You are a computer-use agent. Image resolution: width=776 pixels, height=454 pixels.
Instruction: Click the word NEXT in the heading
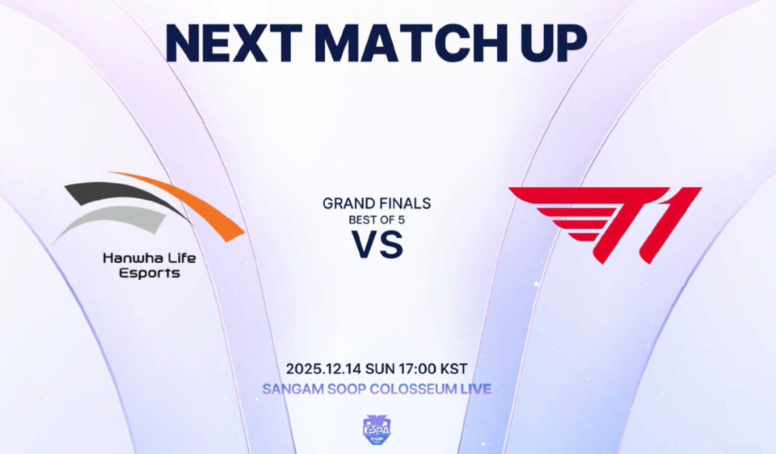(x=233, y=43)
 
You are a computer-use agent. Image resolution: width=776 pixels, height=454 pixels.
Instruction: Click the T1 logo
(x=605, y=224)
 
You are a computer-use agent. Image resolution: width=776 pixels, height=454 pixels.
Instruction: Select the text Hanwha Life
(x=150, y=257)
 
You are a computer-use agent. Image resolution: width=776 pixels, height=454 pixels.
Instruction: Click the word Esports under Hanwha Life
(x=150, y=273)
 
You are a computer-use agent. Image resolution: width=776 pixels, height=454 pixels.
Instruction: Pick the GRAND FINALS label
(x=377, y=203)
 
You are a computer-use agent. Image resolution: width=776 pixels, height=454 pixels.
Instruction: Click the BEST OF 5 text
(x=377, y=220)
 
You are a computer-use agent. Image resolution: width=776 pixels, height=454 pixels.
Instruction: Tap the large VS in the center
(x=377, y=244)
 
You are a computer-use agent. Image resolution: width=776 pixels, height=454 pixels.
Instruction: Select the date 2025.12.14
(x=324, y=369)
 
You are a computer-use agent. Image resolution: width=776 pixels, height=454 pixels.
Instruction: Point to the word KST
(x=453, y=369)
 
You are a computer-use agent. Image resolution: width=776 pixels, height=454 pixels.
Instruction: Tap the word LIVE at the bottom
(x=476, y=389)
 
